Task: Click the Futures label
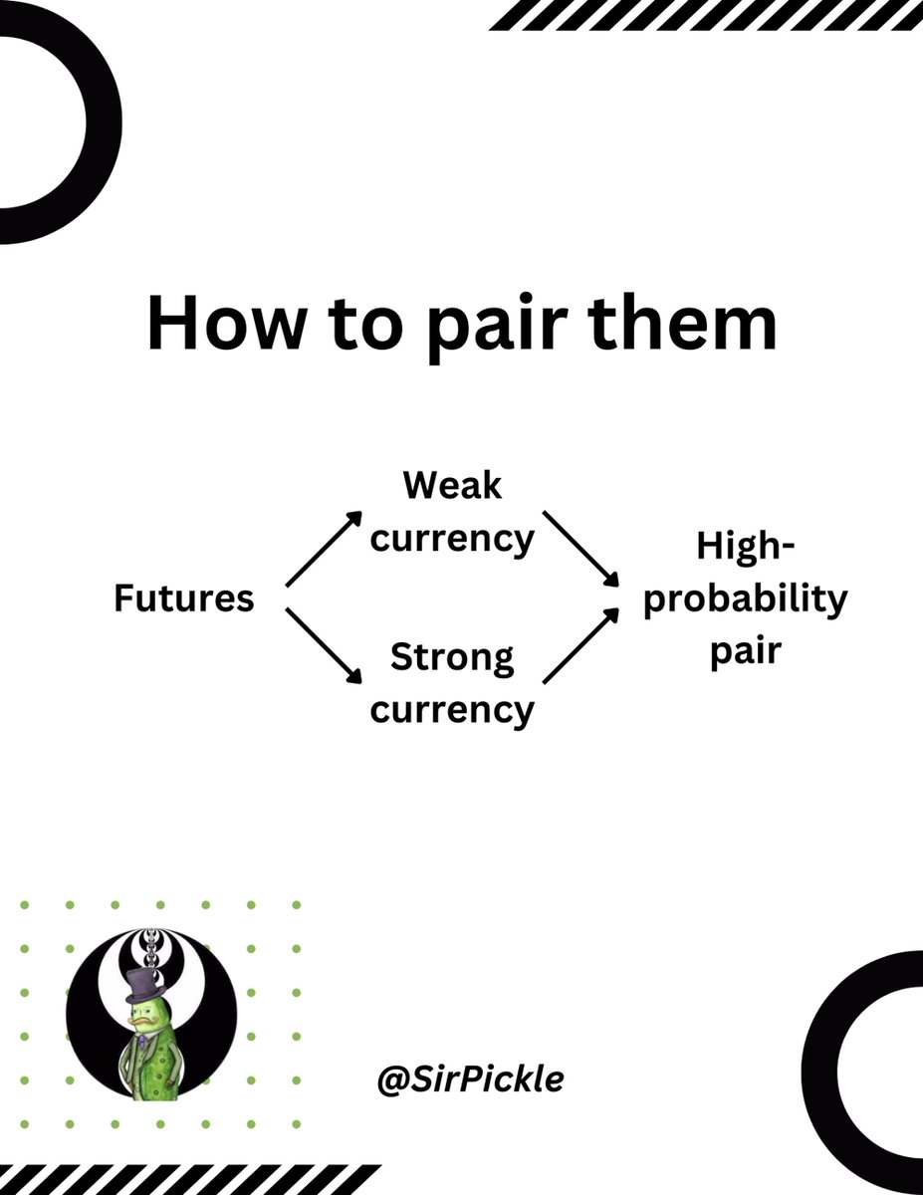(183, 598)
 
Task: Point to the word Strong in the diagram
(452, 658)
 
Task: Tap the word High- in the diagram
(745, 546)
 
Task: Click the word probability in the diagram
(745, 599)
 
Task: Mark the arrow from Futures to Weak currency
(325, 548)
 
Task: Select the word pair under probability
(745, 653)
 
